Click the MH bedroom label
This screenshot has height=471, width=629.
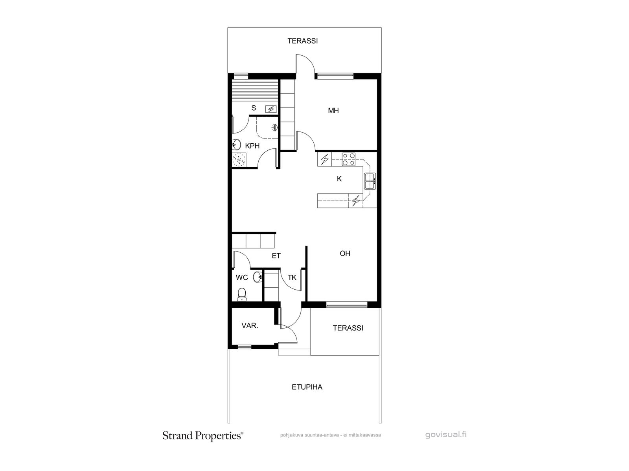[x=333, y=110]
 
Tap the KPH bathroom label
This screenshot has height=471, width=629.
[x=252, y=146]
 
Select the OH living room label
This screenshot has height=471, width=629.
[x=345, y=254]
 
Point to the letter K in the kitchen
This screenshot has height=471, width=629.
[x=339, y=179]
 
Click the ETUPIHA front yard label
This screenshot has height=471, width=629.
[x=307, y=387]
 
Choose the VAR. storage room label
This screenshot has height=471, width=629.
[x=250, y=325]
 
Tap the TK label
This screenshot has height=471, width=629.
[x=292, y=277]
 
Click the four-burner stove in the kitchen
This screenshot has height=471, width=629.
[x=349, y=159]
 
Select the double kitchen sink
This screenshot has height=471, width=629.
[x=370, y=181]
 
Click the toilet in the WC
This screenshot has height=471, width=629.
[x=242, y=294]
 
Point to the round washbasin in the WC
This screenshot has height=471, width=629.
[x=257, y=277]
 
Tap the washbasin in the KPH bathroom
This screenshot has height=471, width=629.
[x=236, y=145]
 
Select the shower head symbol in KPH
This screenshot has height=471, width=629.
[x=275, y=127]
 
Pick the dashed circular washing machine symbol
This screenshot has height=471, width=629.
[x=239, y=160]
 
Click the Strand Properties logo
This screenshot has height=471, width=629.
[x=203, y=436]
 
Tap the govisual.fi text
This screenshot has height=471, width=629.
[x=446, y=434]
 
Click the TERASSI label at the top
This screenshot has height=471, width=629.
[x=303, y=41]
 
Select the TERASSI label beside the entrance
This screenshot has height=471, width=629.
[x=348, y=328]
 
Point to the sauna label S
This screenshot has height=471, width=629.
[x=254, y=108]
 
